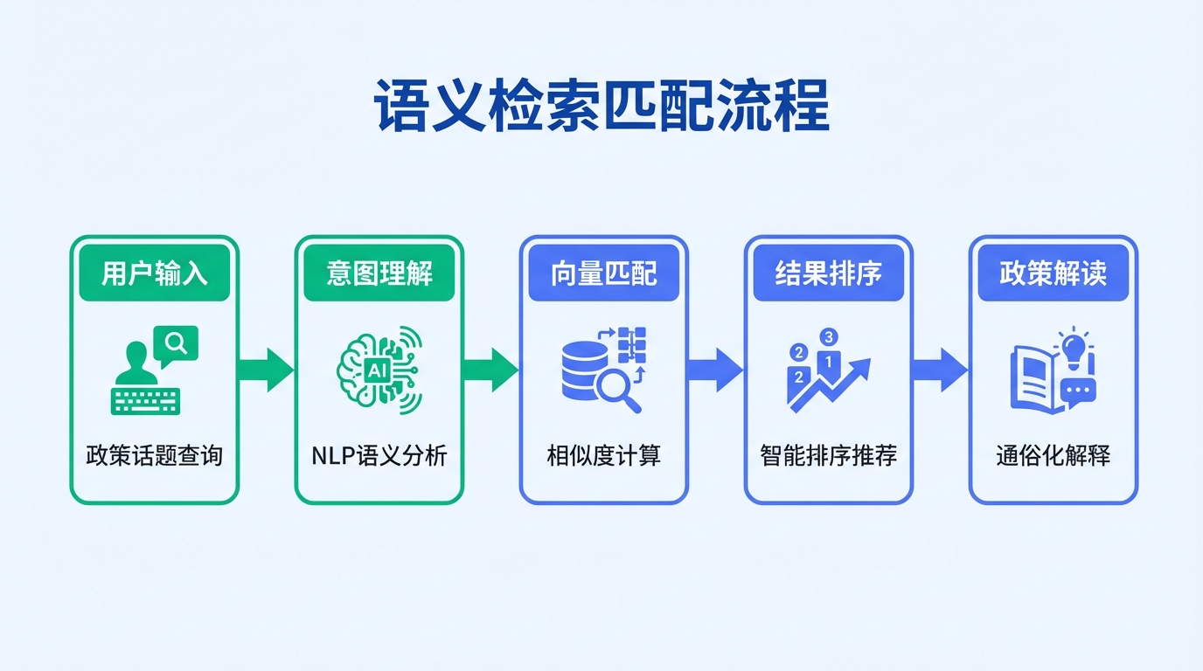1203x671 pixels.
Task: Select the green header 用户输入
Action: (155, 273)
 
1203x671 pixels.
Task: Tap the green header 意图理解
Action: (379, 273)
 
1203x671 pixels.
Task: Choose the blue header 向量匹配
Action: (604, 273)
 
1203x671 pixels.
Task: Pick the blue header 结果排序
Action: (828, 273)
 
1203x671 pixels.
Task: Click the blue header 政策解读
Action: (1053, 273)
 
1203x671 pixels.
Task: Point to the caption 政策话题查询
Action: (155, 455)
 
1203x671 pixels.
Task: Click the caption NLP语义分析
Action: (379, 455)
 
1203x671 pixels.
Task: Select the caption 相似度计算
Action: (604, 455)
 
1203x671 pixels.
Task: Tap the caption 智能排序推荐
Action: (828, 455)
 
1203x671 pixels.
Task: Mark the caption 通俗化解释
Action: (1053, 455)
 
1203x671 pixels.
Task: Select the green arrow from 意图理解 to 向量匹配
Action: (491, 370)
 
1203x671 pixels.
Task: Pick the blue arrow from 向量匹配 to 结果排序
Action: (716, 370)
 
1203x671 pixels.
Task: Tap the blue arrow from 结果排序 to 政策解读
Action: (941, 370)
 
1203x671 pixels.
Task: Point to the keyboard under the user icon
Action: (145, 400)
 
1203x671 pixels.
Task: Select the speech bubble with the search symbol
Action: (176, 343)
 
